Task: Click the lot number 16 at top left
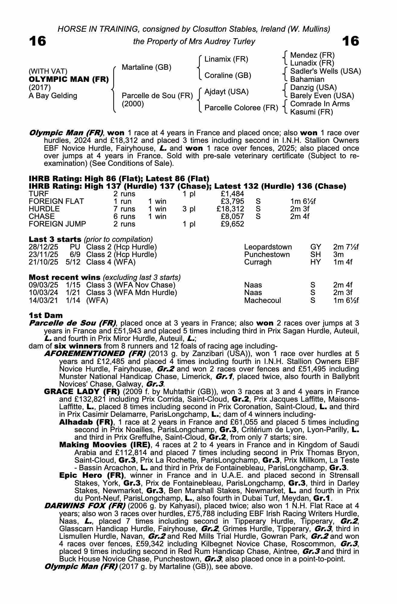pos(37,41)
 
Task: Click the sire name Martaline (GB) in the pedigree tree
pos(146,67)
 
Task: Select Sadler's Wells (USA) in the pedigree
pos(325,71)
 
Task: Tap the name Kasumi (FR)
pos(311,112)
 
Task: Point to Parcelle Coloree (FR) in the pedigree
pos(241,108)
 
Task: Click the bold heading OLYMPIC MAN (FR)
pos(69,79)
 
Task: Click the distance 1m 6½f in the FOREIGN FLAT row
pos(303,201)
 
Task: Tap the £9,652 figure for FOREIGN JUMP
pos(232,224)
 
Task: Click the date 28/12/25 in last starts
pos(43,247)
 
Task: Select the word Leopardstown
pos(268,247)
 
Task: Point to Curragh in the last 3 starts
pos(258,262)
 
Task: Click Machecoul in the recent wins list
pos(262,300)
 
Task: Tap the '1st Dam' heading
pos(46,316)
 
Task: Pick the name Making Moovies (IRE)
pos(104,445)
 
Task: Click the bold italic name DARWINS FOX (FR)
pos(85,506)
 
